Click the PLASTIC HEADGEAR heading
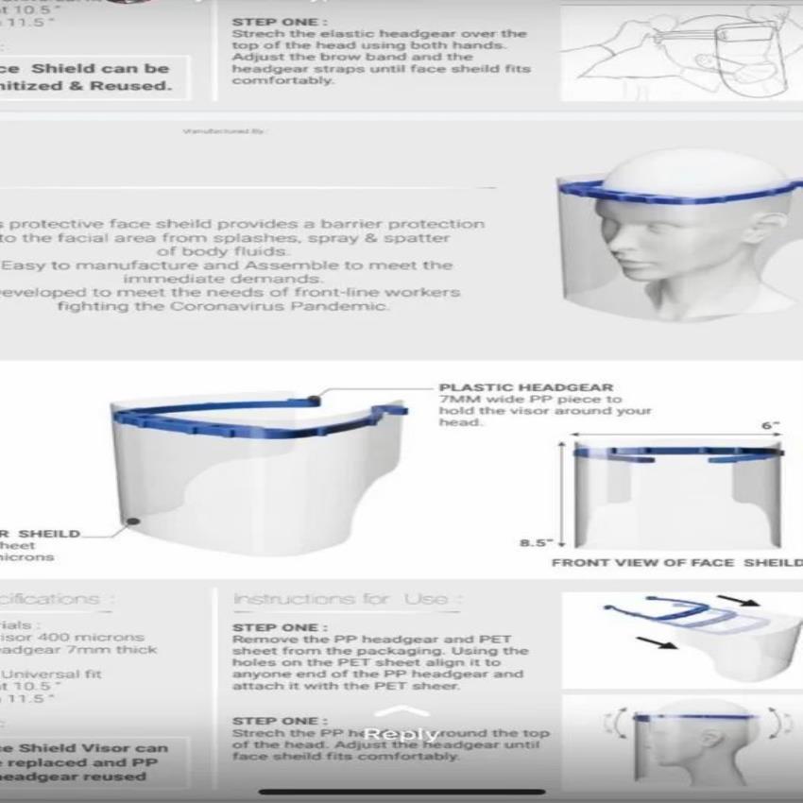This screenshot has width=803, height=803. [x=525, y=387]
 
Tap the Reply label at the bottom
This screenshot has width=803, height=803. [x=402, y=734]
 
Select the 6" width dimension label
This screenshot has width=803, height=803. [x=771, y=426]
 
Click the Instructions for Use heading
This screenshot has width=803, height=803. [x=348, y=599]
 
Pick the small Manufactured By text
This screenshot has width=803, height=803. [x=223, y=131]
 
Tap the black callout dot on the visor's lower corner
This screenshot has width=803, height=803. [x=133, y=521]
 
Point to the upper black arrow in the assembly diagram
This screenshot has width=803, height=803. [x=736, y=600]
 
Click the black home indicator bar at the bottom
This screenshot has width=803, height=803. [x=401, y=791]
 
